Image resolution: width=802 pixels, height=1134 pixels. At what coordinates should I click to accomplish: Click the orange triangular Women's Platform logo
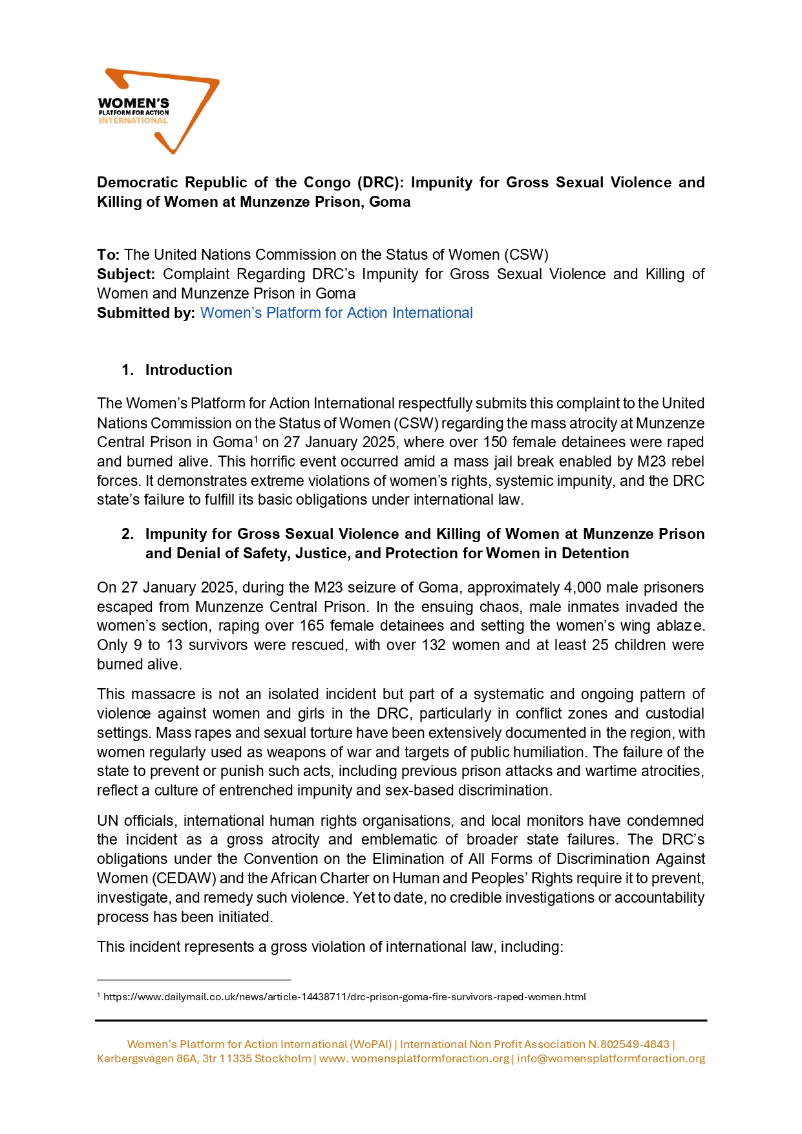(158, 110)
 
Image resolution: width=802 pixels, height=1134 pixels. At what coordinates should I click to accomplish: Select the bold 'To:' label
(108, 255)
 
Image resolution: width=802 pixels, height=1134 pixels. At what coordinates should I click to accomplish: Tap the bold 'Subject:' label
(126, 274)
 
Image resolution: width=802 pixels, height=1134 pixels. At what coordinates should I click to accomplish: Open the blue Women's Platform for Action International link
(336, 313)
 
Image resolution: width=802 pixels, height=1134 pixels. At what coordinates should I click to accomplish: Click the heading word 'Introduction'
(189, 370)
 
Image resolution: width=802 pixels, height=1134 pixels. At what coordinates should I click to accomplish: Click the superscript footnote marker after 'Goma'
(255, 439)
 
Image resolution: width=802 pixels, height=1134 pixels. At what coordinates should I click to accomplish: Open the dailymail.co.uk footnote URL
(344, 996)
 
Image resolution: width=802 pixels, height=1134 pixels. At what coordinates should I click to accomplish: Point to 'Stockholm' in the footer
(283, 1058)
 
